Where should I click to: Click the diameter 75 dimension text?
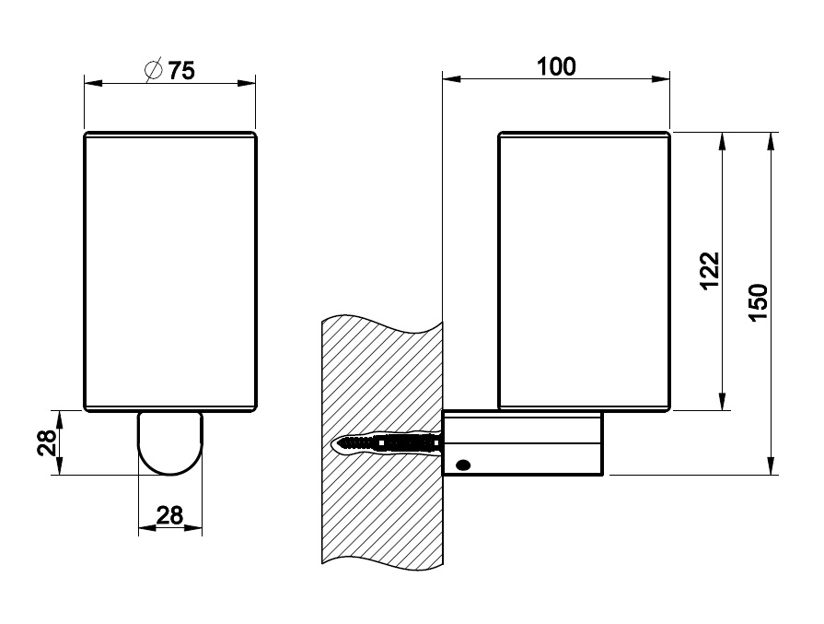pyautogui.click(x=182, y=71)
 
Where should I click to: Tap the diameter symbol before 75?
pyautogui.click(x=155, y=70)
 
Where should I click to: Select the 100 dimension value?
pyautogui.click(x=555, y=66)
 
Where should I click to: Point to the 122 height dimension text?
pyautogui.click(x=709, y=271)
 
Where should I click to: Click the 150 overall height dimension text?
pyautogui.click(x=758, y=303)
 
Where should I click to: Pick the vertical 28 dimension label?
pyautogui.click(x=47, y=442)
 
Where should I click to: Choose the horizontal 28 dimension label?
pyautogui.click(x=169, y=514)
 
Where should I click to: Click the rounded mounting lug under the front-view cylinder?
pyautogui.click(x=170, y=442)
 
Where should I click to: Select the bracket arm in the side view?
pyautogui.click(x=523, y=444)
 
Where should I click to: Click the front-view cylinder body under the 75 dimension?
pyautogui.click(x=170, y=272)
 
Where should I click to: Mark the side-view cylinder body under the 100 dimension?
pyautogui.click(x=584, y=272)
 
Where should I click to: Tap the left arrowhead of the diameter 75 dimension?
pyautogui.click(x=91, y=83)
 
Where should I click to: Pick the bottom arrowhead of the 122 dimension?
pyautogui.click(x=723, y=403)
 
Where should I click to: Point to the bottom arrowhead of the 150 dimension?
pyautogui.click(x=770, y=468)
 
